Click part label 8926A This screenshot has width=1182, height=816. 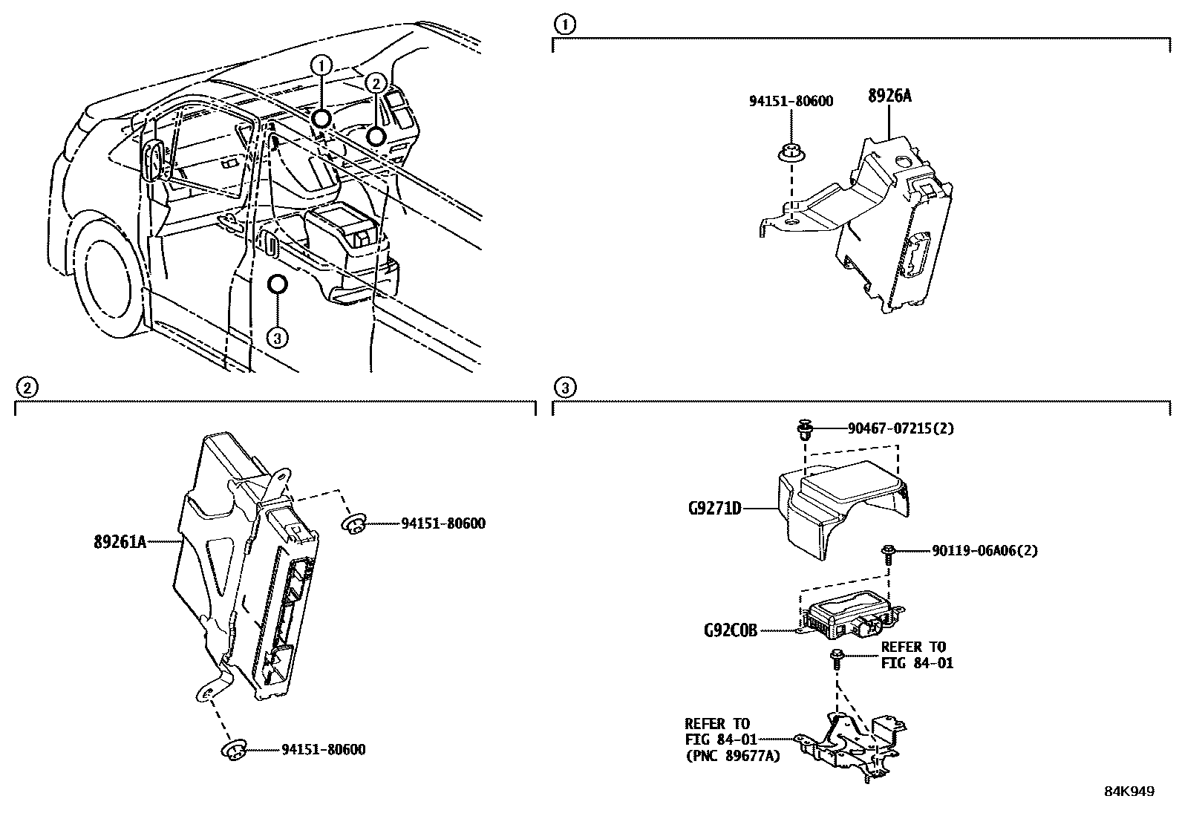click(889, 96)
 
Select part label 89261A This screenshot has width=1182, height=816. click(119, 543)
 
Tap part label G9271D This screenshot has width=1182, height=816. click(714, 509)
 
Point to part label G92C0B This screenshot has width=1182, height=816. click(731, 631)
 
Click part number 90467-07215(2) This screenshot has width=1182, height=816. click(901, 428)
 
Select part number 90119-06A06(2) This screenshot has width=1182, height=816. click(985, 551)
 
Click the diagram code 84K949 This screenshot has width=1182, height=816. click(1129, 791)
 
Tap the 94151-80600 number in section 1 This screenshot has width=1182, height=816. click(791, 101)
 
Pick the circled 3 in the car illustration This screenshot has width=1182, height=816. click(276, 338)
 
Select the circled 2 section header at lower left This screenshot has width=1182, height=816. click(26, 387)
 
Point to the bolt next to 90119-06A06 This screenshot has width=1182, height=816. click(888, 551)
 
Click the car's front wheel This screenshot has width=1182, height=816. click(111, 286)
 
